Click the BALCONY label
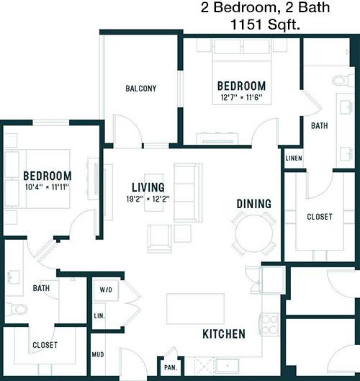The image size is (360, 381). [x=141, y=88]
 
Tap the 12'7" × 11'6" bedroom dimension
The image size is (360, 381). [x=241, y=98]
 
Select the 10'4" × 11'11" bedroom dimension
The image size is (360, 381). [x=47, y=187]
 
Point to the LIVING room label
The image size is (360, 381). [x=148, y=187]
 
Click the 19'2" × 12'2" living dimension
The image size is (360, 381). [x=148, y=200]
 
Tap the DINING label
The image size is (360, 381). [x=254, y=204]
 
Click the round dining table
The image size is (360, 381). [x=254, y=233]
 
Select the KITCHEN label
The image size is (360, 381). [x=224, y=334]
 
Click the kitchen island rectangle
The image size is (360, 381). [x=195, y=308]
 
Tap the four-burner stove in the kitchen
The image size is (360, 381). [x=269, y=324]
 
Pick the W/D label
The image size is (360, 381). [x=106, y=290]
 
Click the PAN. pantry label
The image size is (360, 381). [x=171, y=367]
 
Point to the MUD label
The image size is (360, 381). [x=98, y=354]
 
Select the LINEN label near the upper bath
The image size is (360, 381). [x=294, y=158]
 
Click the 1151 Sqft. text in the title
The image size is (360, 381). [x=265, y=24]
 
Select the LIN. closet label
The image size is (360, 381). [x=99, y=316]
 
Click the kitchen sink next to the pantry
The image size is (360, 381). [x=228, y=366]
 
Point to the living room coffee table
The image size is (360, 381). [x=154, y=192]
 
